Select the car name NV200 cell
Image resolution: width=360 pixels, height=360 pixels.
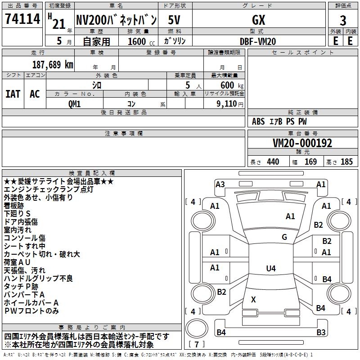tap(116, 20)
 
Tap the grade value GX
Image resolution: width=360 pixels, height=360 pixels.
tap(258, 20)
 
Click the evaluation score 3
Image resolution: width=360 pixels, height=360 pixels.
tap(343, 21)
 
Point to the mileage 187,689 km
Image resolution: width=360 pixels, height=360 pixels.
tap(53, 64)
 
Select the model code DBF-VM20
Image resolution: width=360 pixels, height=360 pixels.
tap(258, 41)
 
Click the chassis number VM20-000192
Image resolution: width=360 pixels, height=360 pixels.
tap(302, 143)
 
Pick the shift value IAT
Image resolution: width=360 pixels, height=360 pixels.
tap(13, 94)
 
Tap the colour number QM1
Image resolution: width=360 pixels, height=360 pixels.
tap(74, 104)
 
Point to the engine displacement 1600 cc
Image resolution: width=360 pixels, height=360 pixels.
tap(139, 41)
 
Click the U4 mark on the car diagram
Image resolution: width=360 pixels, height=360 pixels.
tap(270, 269)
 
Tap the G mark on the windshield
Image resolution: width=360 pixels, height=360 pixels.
tap(284, 237)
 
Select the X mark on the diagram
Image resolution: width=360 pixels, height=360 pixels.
tap(253, 299)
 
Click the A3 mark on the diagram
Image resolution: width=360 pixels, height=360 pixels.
tap(220, 184)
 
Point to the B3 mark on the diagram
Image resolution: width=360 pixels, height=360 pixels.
tap(321, 333)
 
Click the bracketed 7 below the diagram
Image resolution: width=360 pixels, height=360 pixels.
tap(197, 344)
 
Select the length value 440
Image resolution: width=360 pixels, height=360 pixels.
tap(273, 162)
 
